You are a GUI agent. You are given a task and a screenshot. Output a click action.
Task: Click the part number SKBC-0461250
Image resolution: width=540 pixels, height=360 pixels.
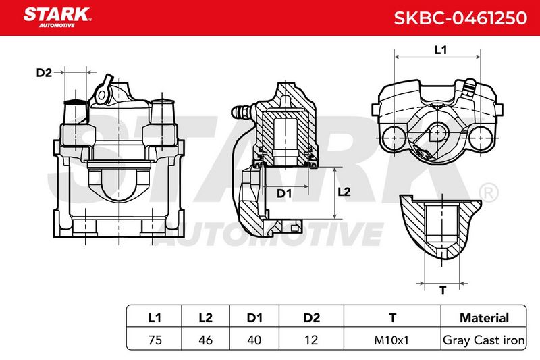(460, 18)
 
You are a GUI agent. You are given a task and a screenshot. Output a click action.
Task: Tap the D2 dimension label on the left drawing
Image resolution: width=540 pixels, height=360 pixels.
(44, 73)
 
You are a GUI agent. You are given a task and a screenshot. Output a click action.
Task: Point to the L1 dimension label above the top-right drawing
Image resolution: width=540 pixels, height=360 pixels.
(441, 50)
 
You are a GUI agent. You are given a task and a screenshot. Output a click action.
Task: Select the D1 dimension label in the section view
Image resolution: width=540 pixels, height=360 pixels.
(284, 194)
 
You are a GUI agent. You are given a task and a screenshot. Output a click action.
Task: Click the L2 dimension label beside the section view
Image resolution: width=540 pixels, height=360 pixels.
(344, 192)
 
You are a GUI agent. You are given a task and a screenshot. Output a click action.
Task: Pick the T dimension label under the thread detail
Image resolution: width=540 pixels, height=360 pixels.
(443, 290)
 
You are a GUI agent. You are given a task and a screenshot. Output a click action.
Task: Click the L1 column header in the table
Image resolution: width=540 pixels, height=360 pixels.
(155, 317)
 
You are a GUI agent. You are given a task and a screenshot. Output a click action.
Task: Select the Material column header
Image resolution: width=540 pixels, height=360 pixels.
(484, 317)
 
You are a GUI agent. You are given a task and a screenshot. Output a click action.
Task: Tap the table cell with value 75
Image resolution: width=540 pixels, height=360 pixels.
(155, 340)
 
